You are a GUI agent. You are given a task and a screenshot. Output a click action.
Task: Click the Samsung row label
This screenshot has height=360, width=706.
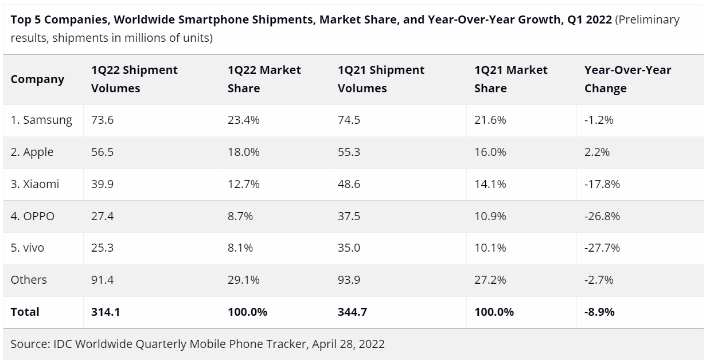click(x=41, y=120)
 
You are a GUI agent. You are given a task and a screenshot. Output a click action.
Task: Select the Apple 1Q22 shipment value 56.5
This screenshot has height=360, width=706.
click(x=103, y=152)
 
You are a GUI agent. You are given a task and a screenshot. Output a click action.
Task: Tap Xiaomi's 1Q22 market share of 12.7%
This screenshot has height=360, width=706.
click(x=244, y=184)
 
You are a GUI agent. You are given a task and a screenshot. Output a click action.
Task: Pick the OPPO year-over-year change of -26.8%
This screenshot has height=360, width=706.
click(x=602, y=216)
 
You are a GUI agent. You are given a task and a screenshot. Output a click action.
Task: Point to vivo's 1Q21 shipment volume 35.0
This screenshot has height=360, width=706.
click(x=349, y=248)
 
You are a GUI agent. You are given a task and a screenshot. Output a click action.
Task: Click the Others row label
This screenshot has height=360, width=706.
click(x=29, y=280)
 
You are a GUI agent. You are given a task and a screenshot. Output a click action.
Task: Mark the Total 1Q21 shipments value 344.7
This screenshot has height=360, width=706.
click(x=352, y=312)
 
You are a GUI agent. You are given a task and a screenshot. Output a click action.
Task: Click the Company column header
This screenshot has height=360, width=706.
click(x=37, y=79)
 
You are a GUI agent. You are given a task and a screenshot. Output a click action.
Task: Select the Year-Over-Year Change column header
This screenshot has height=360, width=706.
click(x=627, y=79)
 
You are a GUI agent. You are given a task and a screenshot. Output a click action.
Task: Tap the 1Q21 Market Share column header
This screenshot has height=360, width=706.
click(x=511, y=79)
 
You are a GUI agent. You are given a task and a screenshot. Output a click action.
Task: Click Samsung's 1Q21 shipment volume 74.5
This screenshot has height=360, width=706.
click(x=349, y=120)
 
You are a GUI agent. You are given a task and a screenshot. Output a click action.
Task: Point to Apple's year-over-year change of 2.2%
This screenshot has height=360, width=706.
click(x=596, y=152)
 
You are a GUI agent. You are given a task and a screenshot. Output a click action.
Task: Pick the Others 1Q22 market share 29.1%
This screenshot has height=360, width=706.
click(x=244, y=280)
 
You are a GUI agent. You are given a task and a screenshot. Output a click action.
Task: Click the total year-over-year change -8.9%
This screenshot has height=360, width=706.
click(x=599, y=312)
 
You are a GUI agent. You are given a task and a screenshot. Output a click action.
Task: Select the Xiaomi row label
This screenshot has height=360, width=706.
click(x=35, y=184)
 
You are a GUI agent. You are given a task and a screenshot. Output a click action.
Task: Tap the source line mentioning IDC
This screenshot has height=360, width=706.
click(x=197, y=344)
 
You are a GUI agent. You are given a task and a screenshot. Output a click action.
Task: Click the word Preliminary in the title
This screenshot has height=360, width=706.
click(x=647, y=19)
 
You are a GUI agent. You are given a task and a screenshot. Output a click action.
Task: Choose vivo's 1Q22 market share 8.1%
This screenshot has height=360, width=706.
click(x=240, y=248)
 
